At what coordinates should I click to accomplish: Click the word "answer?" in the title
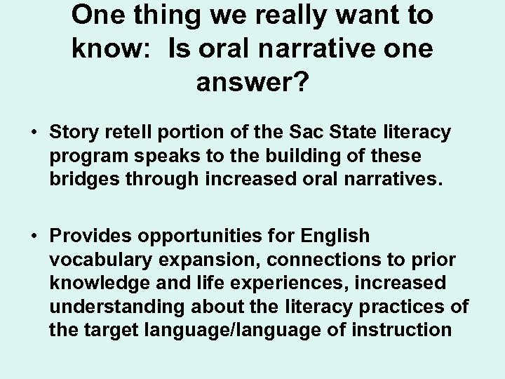252,84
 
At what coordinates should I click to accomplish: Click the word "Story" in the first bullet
74,131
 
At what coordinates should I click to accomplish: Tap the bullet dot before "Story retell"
32,132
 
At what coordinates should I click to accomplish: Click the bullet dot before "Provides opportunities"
32,237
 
